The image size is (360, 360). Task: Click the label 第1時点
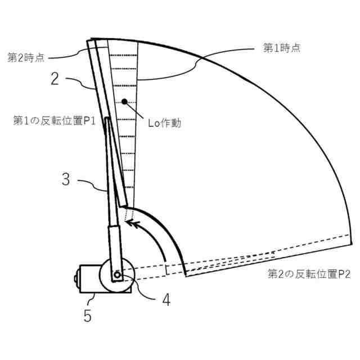282,48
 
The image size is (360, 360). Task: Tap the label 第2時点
26,57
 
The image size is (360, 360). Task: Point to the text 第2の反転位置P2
309,274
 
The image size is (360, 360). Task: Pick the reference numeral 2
55,78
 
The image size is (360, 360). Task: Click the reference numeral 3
66,181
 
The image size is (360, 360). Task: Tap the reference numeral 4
165,300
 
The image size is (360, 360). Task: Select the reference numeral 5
87,316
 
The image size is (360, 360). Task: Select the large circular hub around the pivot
116,274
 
